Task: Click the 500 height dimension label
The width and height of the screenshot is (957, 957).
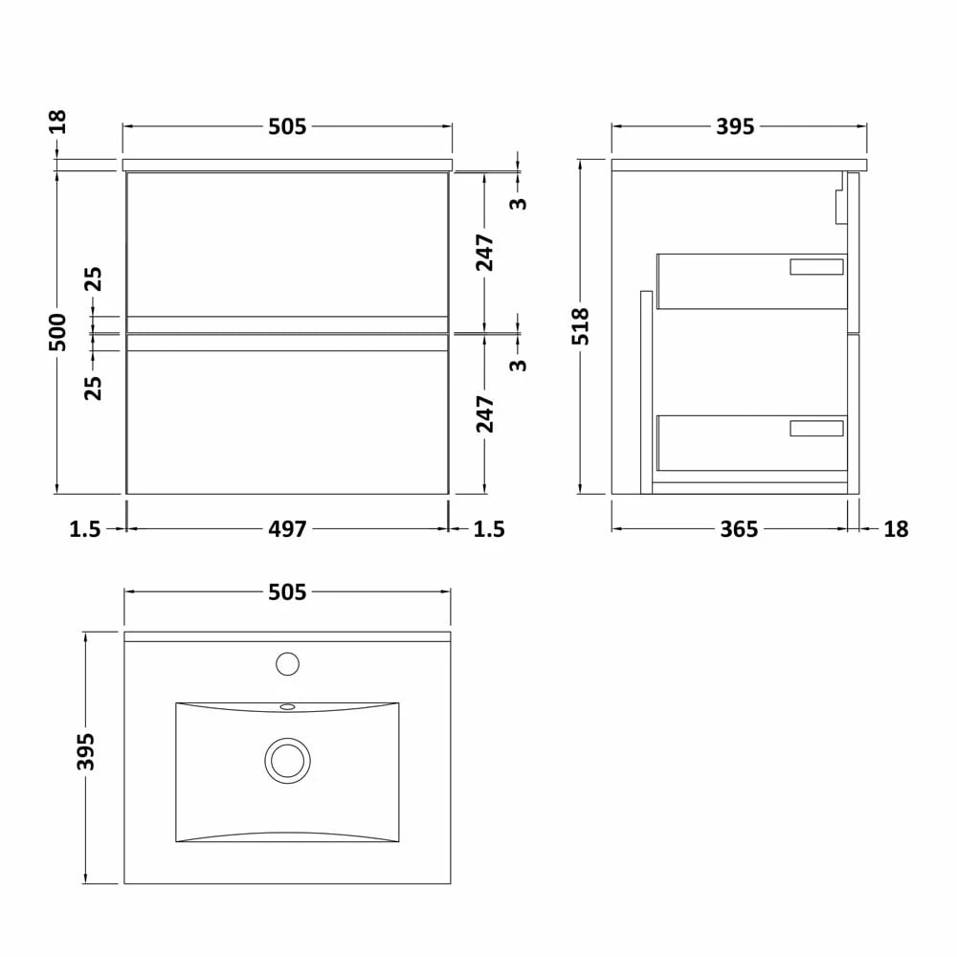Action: point(57,331)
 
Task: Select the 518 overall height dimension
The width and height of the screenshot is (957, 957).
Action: point(581,326)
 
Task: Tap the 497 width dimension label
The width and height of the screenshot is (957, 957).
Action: point(287,528)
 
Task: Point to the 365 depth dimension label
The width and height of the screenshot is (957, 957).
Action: point(739,528)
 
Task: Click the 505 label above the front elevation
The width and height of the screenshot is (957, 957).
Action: point(287,126)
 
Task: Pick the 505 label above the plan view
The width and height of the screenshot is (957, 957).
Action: point(287,591)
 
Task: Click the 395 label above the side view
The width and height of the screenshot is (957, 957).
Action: point(735,126)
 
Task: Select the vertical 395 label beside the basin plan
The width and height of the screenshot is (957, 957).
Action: point(85,751)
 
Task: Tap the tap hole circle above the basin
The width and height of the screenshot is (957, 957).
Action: point(287,664)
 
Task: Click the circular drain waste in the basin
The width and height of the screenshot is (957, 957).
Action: point(287,761)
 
